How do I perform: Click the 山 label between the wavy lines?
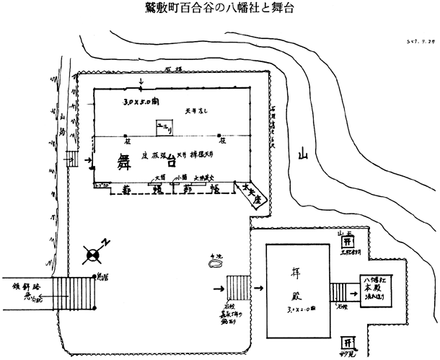point(304,154)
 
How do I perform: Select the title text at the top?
point(219,10)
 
